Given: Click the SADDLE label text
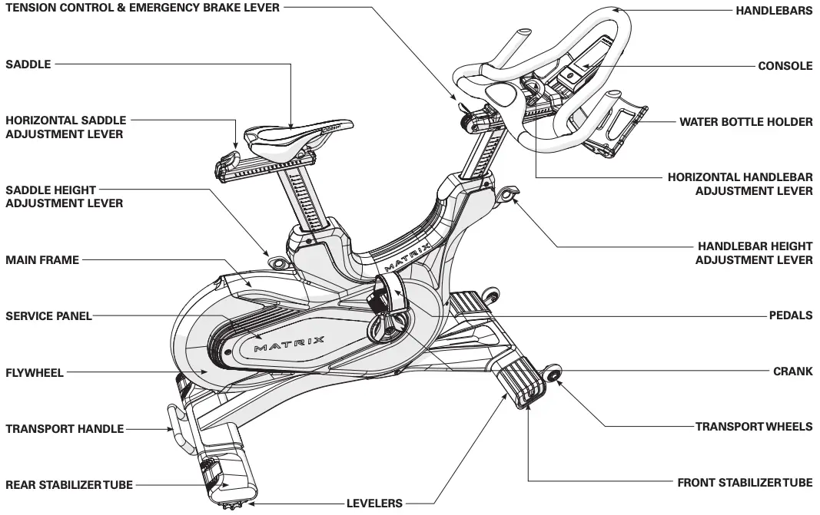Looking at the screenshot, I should pos(28,64).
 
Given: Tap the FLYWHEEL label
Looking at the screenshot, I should pos(35,373).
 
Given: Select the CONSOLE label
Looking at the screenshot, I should pos(785,66).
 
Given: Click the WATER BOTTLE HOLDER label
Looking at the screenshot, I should pos(745,122).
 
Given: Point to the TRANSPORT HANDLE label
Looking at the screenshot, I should pos(65,429).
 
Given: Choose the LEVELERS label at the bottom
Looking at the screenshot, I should pos(375,503).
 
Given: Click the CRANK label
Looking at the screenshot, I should pos(792,371).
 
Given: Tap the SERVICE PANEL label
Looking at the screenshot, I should pos(48,315).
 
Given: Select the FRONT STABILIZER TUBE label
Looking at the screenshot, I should pos(744,484).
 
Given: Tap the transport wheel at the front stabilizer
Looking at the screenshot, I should pos(551,375).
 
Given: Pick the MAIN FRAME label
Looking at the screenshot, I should pos(42,260).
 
